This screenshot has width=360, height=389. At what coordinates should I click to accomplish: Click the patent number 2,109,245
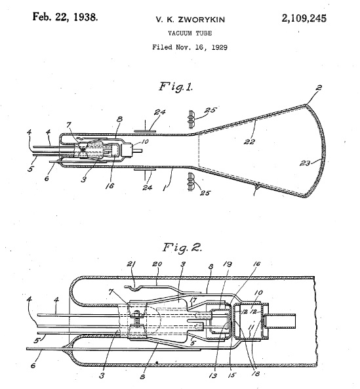304,18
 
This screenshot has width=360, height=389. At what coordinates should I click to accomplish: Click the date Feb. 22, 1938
65,17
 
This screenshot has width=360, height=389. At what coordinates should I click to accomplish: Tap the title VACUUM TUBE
190,33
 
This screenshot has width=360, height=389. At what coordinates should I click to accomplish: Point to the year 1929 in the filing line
220,47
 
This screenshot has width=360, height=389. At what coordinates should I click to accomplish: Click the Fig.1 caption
176,87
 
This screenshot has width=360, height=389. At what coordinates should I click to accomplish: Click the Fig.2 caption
182,247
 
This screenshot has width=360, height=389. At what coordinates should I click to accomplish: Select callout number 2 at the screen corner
319,88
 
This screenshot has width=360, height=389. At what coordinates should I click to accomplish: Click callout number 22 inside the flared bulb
249,142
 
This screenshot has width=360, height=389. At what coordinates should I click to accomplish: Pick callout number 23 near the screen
305,163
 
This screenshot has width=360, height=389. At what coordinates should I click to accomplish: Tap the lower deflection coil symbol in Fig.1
191,182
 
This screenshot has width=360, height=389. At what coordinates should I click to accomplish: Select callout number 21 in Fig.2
131,264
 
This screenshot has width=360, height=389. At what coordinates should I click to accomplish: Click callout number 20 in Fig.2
157,264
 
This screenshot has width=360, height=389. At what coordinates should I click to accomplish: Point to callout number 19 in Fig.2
228,264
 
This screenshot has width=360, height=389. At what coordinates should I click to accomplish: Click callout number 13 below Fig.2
213,376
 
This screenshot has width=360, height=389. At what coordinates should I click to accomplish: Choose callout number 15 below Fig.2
231,375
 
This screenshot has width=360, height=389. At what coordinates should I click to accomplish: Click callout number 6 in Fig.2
33,365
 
